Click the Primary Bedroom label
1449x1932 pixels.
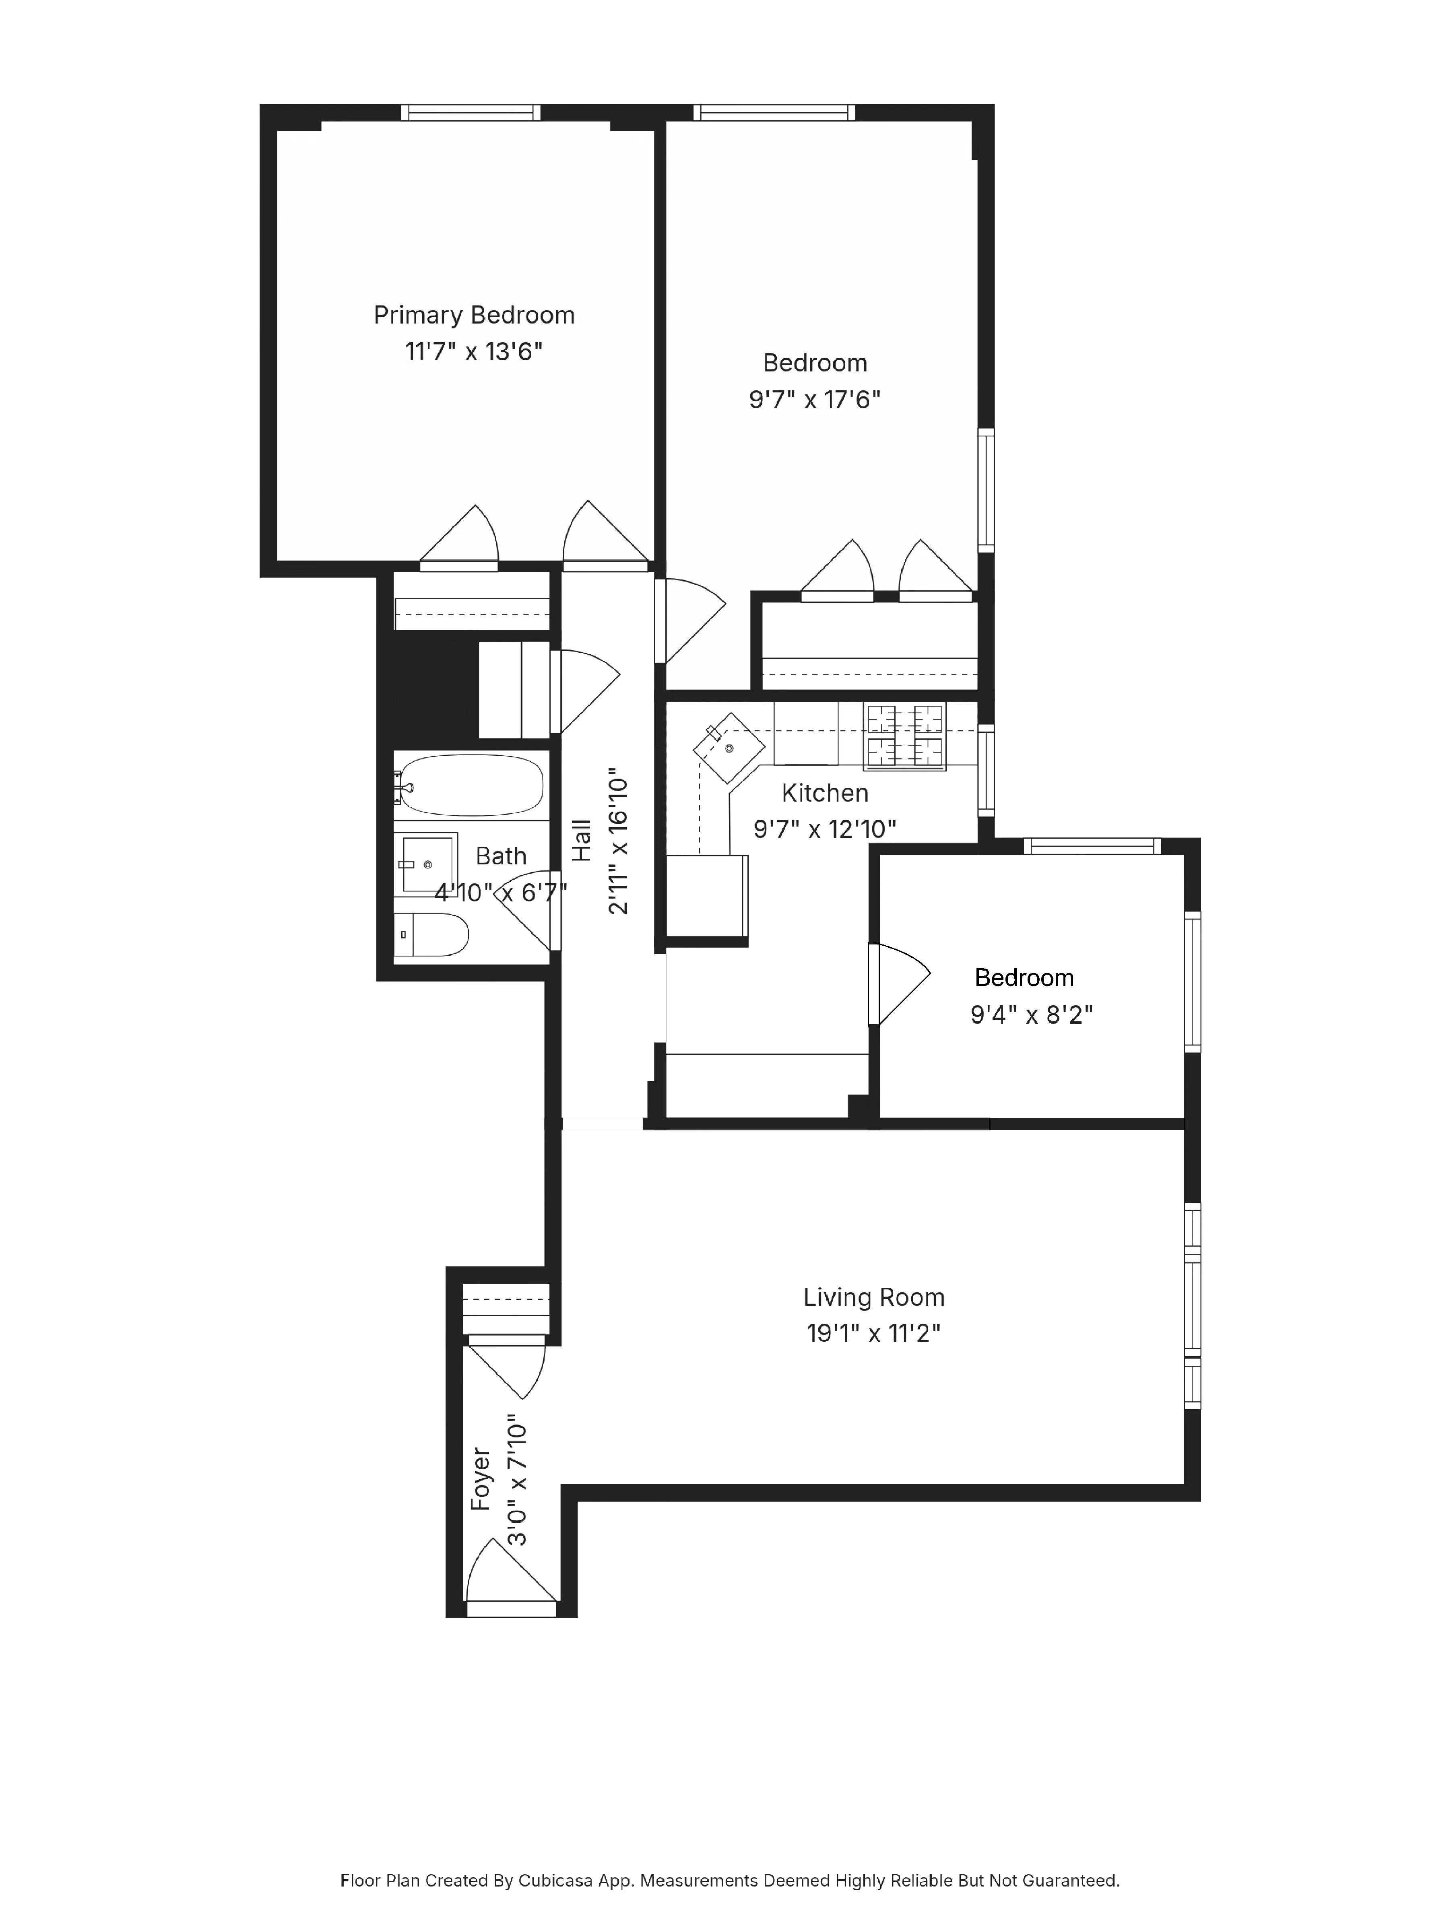click(x=473, y=315)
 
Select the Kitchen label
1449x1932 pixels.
click(x=824, y=793)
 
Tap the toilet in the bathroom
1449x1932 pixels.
click(x=434, y=934)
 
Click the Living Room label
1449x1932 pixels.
click(x=873, y=1297)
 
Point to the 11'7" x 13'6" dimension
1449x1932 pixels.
click(x=473, y=352)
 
